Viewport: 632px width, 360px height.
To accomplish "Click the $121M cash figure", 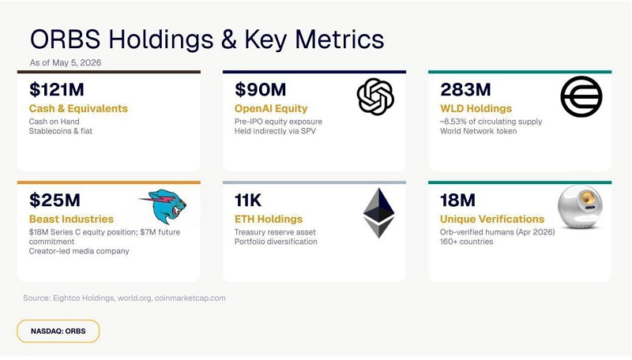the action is pos(56,89).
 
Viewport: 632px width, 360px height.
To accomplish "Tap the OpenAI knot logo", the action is pos(375,96).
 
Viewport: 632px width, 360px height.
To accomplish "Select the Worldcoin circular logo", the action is pos(581,96).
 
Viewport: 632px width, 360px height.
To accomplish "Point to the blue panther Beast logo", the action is pos(164,206).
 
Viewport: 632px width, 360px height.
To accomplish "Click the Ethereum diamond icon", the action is pos(379,212).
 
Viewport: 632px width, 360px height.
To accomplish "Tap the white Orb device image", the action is pos(580,207).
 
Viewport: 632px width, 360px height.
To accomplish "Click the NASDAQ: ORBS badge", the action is pos(58,331).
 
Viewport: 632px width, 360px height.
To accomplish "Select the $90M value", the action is pos(261,89).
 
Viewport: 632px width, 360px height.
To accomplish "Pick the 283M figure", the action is pos(465,89).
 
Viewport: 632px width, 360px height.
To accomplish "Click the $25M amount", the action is pos(55,201).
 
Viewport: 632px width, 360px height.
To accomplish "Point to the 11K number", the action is pos(248,201).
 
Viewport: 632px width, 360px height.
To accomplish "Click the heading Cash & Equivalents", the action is pos(78,108).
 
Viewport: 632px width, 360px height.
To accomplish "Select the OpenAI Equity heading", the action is pos(271,109).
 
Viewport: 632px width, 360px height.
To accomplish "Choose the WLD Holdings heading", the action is pos(476,109).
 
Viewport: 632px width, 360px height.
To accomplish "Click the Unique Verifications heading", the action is pos(492,219).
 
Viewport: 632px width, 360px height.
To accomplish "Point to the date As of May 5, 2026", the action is pos(66,62).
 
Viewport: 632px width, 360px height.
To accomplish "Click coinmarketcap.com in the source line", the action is pos(190,298).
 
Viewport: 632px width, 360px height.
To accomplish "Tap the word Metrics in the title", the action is pos(340,39).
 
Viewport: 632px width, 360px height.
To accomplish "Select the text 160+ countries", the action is pos(466,242).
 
